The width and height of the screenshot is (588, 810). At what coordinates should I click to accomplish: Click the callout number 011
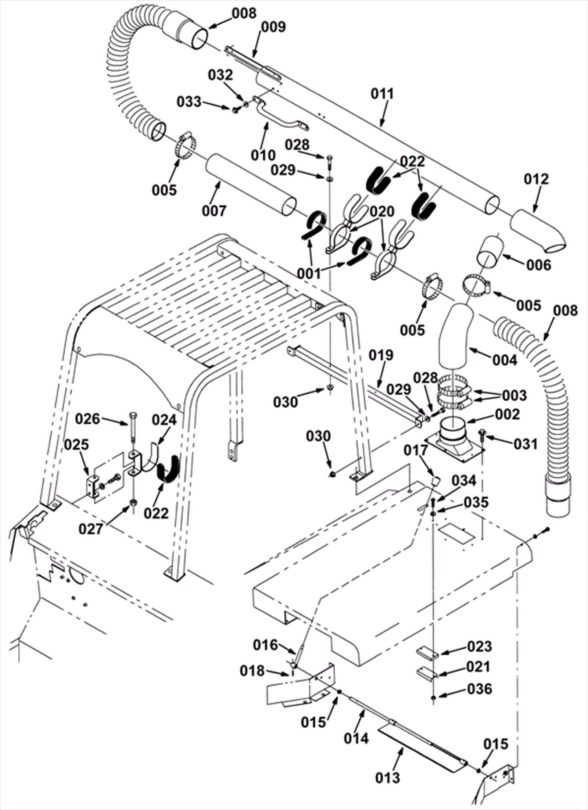(x=382, y=94)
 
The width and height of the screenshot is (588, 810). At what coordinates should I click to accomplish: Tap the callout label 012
(x=536, y=179)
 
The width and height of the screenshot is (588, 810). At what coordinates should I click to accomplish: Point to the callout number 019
(x=381, y=355)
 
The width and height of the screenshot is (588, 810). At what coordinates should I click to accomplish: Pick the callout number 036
(x=480, y=689)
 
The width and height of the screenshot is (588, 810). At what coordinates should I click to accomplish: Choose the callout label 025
(x=77, y=444)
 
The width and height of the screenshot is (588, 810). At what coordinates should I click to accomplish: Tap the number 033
(x=189, y=101)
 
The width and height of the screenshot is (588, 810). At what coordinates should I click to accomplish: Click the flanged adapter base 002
(x=455, y=441)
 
